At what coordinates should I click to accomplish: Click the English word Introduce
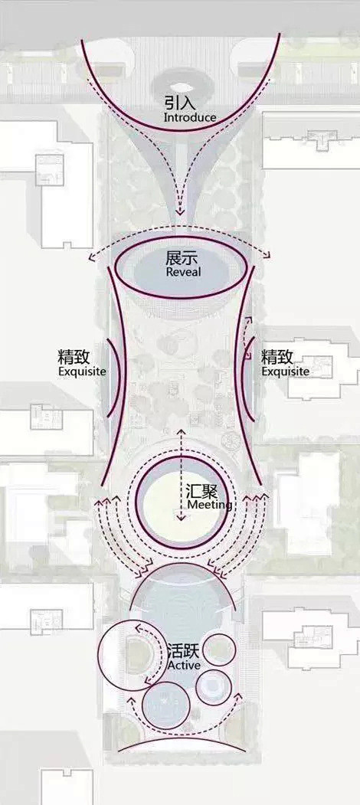[189, 117]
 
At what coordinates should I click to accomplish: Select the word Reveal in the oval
[183, 272]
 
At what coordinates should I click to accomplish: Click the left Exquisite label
[82, 371]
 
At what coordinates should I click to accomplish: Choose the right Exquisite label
[286, 371]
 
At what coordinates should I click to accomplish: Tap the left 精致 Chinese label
[74, 357]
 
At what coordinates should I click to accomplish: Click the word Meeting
[210, 506]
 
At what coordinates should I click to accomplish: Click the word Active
[184, 665]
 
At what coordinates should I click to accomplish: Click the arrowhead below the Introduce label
[180, 211]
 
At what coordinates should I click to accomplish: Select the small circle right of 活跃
[219, 650]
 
